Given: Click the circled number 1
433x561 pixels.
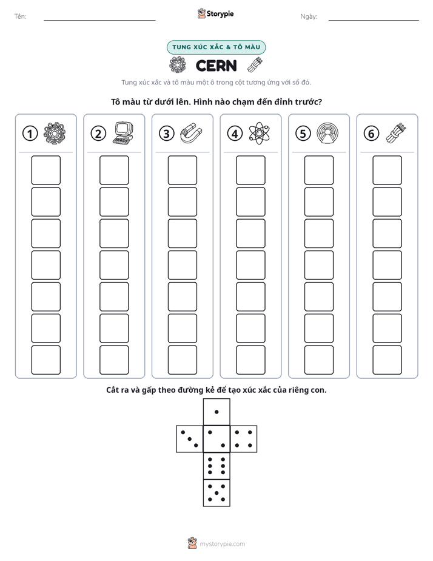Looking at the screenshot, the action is [30, 134].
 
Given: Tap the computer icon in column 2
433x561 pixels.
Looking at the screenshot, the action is [123, 133].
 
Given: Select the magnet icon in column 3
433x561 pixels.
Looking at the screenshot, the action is [191, 133].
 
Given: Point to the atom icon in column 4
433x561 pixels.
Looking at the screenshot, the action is [260, 134].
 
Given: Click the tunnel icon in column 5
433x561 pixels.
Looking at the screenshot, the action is [327, 134].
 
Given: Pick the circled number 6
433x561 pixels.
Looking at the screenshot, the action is [371, 134].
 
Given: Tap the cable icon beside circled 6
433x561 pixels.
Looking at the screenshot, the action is [396, 133].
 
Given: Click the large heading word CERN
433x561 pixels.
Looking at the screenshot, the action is [216, 66].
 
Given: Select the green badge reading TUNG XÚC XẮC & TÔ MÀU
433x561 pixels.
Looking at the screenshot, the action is [216, 47].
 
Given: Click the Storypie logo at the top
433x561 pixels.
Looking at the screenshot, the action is [215, 14].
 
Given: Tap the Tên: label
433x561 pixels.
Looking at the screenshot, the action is [20, 16].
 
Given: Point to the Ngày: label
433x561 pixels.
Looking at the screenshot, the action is [309, 16].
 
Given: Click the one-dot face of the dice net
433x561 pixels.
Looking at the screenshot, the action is [216, 412].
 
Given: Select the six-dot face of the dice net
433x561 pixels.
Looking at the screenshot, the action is [216, 466].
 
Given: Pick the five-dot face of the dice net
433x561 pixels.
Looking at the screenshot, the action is [216, 493].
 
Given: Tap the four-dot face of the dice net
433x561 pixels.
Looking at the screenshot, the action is [244, 439].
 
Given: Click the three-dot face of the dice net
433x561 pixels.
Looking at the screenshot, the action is [190, 439].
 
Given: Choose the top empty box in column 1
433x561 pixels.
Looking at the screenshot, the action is [45, 170].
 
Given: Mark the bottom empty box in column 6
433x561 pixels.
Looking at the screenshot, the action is [388, 360].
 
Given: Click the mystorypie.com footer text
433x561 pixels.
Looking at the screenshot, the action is [222, 544].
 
